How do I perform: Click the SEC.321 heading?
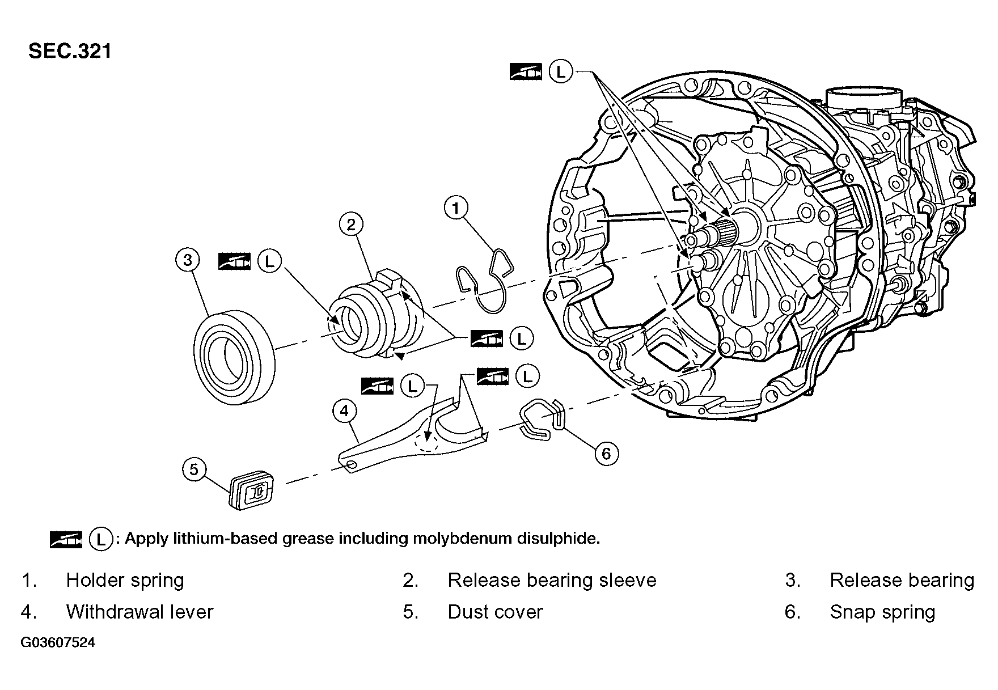tap(70, 51)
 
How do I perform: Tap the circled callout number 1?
tap(456, 208)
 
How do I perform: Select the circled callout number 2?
tap(351, 225)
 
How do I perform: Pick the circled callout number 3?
tap(188, 260)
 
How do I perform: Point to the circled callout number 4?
tap(345, 410)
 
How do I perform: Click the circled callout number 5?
tap(194, 469)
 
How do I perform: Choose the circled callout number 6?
tap(606, 454)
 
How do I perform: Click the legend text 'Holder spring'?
tap(125, 580)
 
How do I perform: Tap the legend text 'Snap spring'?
tap(882, 612)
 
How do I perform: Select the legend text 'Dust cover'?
tap(495, 612)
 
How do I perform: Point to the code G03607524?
tap(58, 643)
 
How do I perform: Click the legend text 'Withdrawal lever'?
tap(139, 612)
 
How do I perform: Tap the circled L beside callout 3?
tap(269, 261)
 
